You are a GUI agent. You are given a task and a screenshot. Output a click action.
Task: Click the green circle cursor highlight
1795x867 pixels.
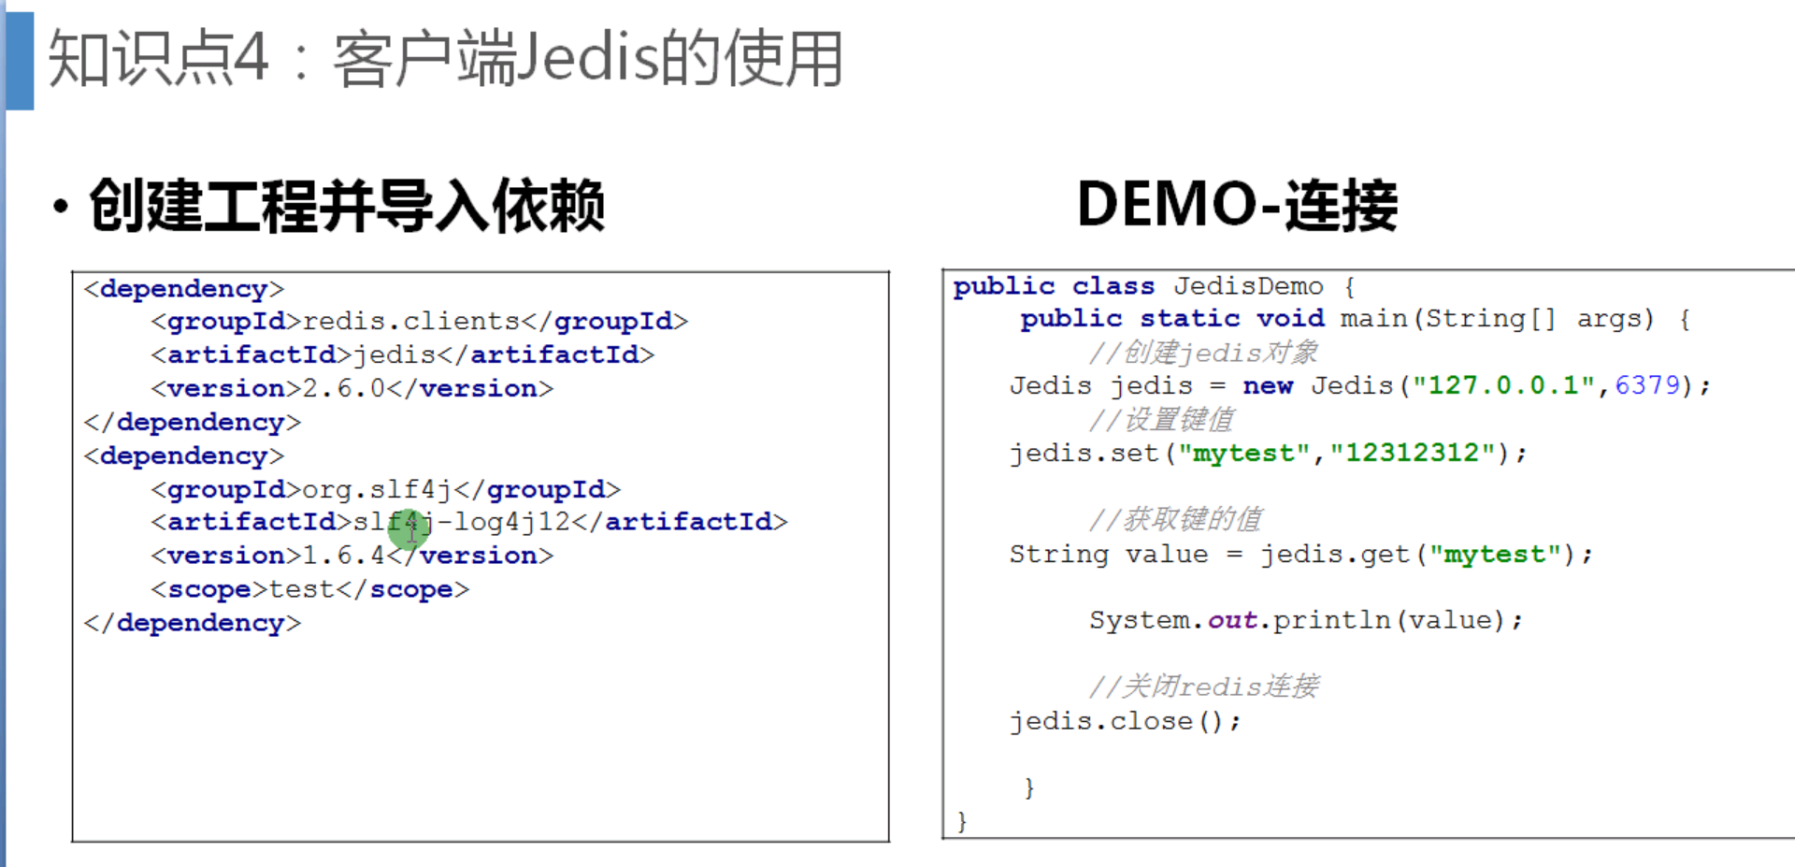pos(409,530)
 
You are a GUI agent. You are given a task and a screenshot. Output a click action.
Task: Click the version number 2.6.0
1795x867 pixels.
pos(343,388)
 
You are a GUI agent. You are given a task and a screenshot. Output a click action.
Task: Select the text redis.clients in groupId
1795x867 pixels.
pos(411,322)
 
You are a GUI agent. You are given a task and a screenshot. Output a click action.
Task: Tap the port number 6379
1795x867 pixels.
pos(1647,385)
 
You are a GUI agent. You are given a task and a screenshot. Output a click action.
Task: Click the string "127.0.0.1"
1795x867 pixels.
pos(1503,385)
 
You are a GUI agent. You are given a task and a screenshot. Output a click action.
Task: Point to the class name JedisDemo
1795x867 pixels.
pos(1248,286)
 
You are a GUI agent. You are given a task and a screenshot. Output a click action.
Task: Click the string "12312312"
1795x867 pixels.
pos(1413,454)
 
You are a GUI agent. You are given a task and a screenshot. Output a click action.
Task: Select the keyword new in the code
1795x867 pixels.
pos(1268,385)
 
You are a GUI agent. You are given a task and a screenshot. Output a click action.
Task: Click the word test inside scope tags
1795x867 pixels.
pos(301,589)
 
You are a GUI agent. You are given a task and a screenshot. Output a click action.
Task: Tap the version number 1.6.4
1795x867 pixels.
pos(343,556)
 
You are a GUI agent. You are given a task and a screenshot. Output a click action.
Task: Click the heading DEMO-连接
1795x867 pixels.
pos(1236,205)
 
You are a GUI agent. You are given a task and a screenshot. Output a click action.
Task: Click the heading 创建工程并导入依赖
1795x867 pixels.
pos(347,206)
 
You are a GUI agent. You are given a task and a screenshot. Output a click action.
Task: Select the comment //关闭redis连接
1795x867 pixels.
pos(1203,686)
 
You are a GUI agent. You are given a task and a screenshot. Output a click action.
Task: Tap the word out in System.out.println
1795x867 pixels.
pos(1232,620)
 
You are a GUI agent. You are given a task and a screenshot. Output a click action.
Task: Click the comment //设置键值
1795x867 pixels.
pos(1161,420)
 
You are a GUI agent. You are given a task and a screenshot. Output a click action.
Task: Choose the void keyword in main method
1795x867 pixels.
pos(1290,319)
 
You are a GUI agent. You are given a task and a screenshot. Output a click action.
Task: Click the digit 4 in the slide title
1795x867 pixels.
pos(251,58)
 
